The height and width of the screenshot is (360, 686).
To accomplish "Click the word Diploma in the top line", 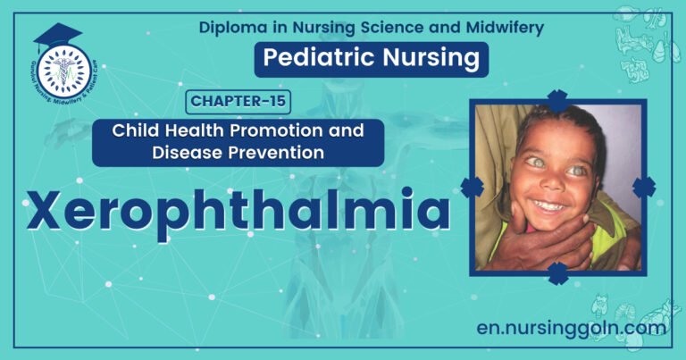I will coord(230,27).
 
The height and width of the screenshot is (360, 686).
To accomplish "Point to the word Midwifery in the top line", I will coord(506,27).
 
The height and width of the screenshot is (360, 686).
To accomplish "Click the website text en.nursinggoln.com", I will coord(572,328).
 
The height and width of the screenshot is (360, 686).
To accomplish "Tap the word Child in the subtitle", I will coord(133,130).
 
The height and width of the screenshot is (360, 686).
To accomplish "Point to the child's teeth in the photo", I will coord(547,205).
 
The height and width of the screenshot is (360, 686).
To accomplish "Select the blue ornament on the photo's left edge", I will coord(472,187).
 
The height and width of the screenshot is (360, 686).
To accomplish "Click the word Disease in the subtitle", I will coord(202,153).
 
